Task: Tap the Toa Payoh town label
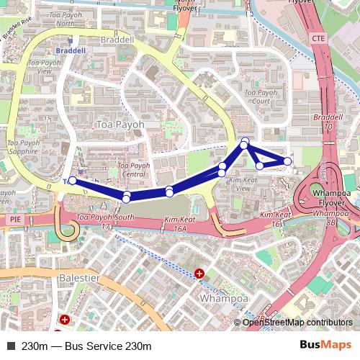coord(120,125)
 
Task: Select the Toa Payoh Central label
coord(134,169)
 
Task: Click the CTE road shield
coord(320,37)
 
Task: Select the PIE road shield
coord(15,217)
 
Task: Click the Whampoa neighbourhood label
coord(224,297)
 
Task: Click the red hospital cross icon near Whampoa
coord(199,273)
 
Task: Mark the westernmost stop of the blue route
coord(72,181)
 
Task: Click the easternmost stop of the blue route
coord(288,161)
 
